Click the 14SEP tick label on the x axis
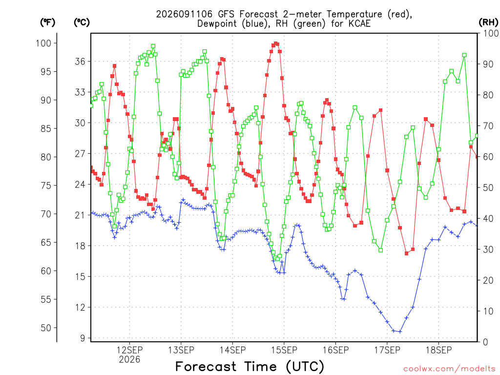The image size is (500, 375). click(232, 350)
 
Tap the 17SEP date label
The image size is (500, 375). click(387, 350)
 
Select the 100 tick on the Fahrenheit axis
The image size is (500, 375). click(43, 43)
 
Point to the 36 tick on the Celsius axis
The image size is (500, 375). click(81, 61)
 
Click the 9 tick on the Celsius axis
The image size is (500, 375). click(83, 338)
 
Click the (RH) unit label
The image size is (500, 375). click(488, 22)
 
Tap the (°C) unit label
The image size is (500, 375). click(82, 22)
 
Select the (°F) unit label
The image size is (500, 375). click(47, 22)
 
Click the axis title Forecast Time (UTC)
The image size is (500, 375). click(250, 366)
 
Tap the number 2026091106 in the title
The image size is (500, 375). click(184, 14)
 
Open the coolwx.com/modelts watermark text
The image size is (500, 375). click(449, 369)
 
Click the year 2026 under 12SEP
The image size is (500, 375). click(129, 359)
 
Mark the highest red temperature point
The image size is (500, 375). click(275, 43)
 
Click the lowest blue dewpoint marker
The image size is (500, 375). click(400, 332)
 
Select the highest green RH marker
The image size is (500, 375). click(153, 46)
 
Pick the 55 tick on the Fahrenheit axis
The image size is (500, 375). click(46, 299)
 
